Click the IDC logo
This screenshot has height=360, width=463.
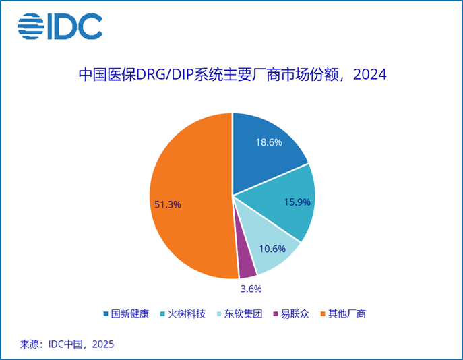[60, 26]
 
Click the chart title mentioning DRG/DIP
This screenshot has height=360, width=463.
[233, 74]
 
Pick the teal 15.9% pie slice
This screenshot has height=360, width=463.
[284, 201]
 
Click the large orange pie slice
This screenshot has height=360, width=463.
[189, 196]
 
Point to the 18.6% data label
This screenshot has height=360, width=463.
[269, 142]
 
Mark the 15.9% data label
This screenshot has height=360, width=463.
[297, 202]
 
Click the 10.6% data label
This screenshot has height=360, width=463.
[272, 249]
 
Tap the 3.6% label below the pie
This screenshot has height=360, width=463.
[251, 289]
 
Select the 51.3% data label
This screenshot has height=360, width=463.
[168, 204]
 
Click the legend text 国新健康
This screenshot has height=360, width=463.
[130, 313]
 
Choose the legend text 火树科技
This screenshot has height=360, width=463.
[187, 313]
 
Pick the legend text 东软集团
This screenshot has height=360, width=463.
[243, 313]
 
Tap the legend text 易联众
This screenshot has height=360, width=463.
[295, 313]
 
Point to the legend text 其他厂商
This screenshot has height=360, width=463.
[347, 313]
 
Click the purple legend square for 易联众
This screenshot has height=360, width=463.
[276, 314]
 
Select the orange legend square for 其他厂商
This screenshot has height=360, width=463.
[323, 314]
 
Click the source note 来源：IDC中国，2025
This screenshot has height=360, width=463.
[67, 344]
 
